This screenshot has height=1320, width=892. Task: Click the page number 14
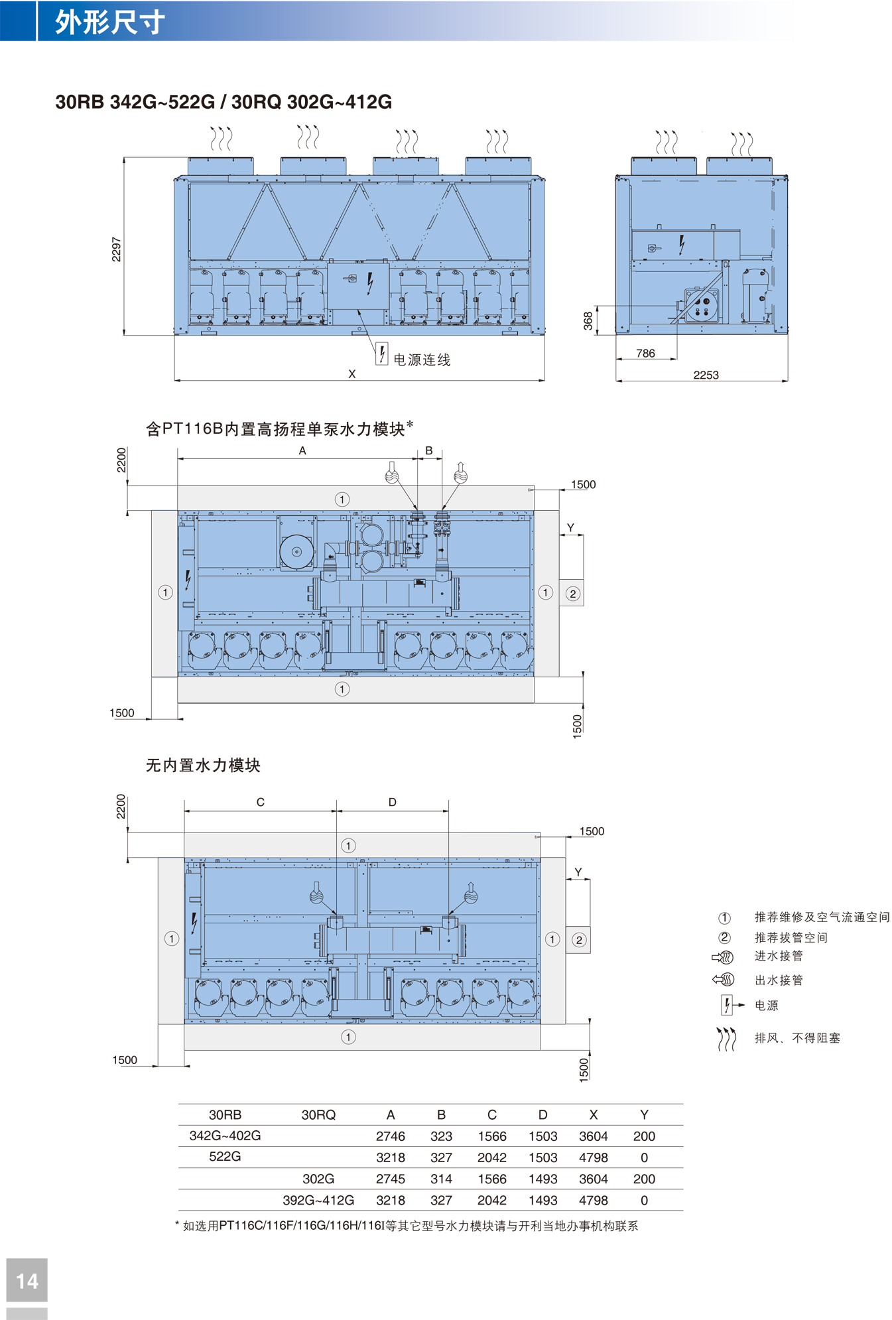[x=27, y=1281]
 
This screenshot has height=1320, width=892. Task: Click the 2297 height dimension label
[x=117, y=249]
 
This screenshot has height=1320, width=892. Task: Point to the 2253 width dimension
[x=706, y=375]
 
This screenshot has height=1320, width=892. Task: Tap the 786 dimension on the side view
[x=645, y=354]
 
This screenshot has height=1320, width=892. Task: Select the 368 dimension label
[x=588, y=321]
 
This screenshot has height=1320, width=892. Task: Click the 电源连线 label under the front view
[x=422, y=360]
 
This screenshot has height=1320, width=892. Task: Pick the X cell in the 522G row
[x=593, y=1157]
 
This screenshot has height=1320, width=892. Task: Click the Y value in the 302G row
[x=644, y=1179]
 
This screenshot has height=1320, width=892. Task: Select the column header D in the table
[x=542, y=1114]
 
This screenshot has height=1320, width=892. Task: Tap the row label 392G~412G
[x=318, y=1200]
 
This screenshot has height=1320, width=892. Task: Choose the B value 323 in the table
[x=441, y=1136]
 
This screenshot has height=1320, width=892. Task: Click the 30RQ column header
[x=318, y=1114]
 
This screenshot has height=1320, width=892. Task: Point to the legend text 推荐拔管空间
[x=791, y=937]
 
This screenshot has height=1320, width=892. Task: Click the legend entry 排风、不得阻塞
[x=797, y=1038]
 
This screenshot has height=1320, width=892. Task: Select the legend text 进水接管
[x=779, y=956]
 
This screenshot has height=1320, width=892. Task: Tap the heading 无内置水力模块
[x=203, y=765]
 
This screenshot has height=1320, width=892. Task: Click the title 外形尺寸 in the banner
[x=109, y=22]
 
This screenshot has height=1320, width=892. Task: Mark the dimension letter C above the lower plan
[x=261, y=802]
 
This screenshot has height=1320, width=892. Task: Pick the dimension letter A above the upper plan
[x=302, y=450]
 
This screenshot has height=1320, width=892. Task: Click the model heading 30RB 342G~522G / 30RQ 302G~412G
[x=223, y=101]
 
